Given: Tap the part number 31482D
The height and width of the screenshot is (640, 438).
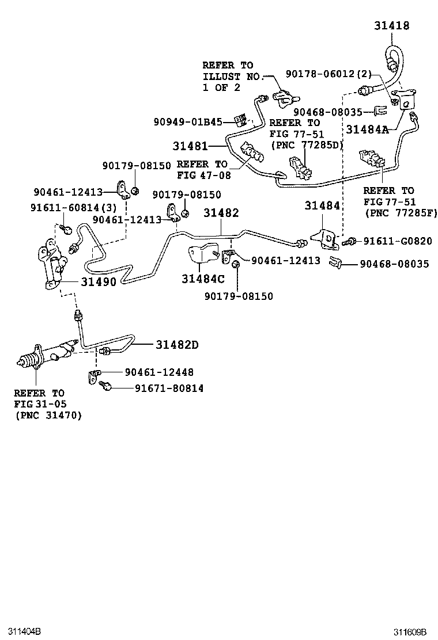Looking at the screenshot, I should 176,345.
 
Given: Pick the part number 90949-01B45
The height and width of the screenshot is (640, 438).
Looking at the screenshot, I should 188,121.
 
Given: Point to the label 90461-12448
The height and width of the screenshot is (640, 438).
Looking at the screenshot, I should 159,372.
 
